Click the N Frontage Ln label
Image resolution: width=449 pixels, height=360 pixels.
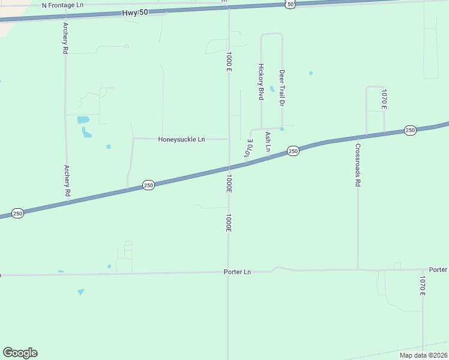(x=62, y=5)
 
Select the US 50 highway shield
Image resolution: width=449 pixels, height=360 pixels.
(x=291, y=4)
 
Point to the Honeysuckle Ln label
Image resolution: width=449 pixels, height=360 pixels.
(x=181, y=139)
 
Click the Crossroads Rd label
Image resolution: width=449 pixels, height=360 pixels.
(x=358, y=165)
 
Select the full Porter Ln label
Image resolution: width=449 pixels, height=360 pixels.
(x=237, y=272)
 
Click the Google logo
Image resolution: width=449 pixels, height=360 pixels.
(x=20, y=353)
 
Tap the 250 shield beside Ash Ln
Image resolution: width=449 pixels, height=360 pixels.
(x=292, y=151)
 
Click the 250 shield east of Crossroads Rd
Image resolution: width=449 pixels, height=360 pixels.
(x=410, y=130)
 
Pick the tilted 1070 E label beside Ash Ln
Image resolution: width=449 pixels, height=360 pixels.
(x=249, y=149)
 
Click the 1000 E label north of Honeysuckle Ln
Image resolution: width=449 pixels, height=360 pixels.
(x=229, y=62)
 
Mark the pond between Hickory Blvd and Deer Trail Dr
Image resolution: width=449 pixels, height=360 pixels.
(x=272, y=89)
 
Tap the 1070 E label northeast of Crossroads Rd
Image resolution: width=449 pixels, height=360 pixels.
(x=384, y=99)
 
